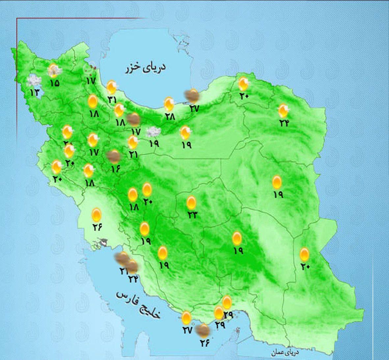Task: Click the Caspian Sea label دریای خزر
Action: (x=145, y=68)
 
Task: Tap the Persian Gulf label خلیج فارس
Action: (x=138, y=304)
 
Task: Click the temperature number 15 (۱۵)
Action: (x=55, y=83)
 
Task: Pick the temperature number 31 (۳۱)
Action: (x=112, y=99)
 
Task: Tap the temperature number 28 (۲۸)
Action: (x=170, y=116)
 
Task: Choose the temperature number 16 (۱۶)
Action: (x=116, y=169)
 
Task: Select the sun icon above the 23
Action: (x=191, y=202)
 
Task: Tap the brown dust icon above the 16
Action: (x=114, y=156)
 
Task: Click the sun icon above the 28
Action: (x=169, y=104)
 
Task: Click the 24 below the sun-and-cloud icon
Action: (x=284, y=123)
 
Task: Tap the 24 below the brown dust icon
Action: (x=133, y=279)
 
